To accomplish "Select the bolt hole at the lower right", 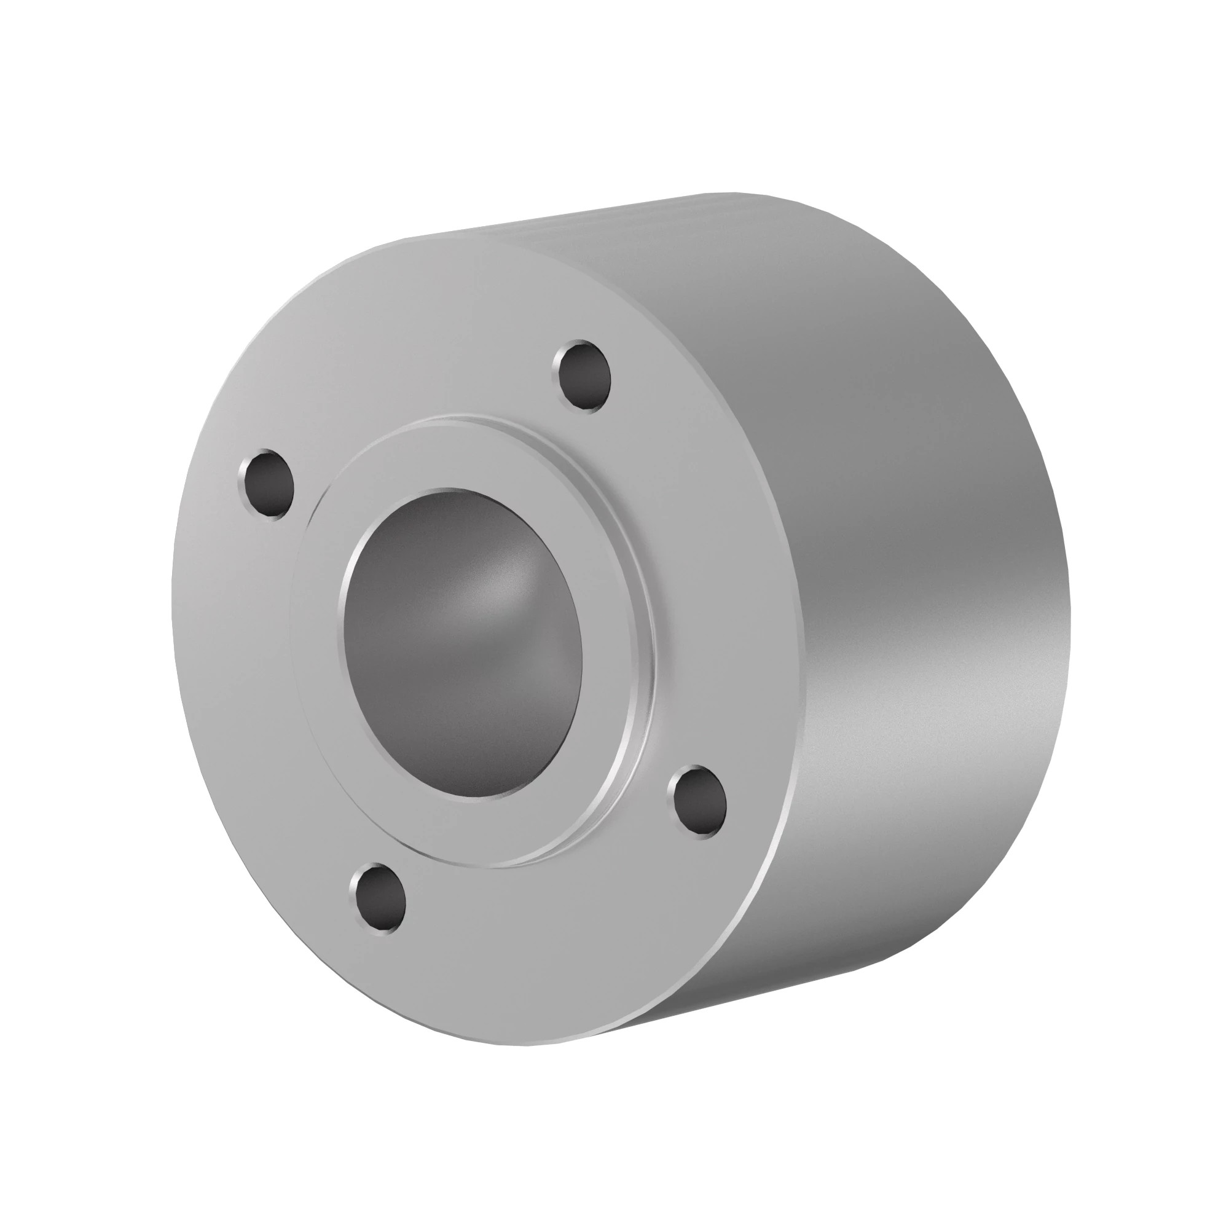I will click(698, 802).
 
